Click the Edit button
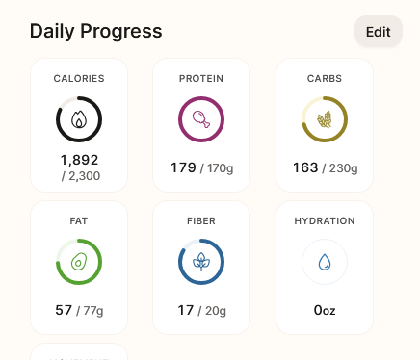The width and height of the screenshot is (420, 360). [379, 32]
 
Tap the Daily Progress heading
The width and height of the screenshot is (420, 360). [96, 32]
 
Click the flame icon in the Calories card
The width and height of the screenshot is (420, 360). [79, 119]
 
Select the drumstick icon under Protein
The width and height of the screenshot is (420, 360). [201, 119]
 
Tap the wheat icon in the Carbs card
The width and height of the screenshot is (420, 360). [325, 119]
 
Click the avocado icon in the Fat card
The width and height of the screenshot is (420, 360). [79, 262]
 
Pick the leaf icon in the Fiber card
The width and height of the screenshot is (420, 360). [201, 262]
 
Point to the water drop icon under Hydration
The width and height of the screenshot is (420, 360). [325, 262]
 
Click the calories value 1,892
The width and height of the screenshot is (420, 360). [79, 160]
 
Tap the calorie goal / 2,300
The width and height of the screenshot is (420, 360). [81, 176]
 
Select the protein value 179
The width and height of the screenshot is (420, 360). [183, 167]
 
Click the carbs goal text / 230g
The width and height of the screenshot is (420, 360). [340, 168]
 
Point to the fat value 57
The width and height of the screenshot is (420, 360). [64, 310]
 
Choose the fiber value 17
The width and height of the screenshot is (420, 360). [186, 310]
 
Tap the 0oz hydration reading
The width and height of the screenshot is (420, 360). [325, 310]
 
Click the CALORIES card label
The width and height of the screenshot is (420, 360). [79, 78]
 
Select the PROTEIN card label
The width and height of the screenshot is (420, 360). [201, 78]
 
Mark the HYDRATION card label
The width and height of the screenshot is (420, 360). [325, 220]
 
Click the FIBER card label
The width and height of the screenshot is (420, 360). [201, 220]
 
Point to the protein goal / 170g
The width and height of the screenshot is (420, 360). [217, 168]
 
